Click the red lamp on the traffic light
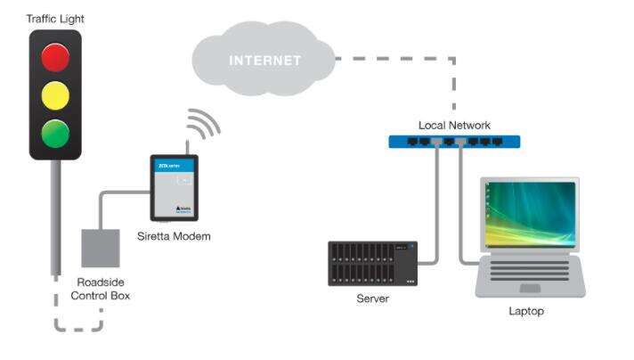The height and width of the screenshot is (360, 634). (55, 57)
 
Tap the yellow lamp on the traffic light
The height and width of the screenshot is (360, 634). (55, 95)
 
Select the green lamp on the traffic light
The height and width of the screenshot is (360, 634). (55, 133)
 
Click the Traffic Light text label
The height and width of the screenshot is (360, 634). (54, 19)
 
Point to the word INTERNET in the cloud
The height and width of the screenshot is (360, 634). (265, 61)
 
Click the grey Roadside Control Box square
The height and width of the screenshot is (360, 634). (100, 249)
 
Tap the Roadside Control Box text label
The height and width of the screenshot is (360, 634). (100, 288)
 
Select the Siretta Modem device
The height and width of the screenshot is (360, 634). (173, 188)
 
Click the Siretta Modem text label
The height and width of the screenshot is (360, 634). (175, 236)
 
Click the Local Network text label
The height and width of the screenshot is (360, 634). (454, 126)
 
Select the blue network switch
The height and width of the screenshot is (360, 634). (454, 142)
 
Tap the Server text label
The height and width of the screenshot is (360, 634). (372, 299)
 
